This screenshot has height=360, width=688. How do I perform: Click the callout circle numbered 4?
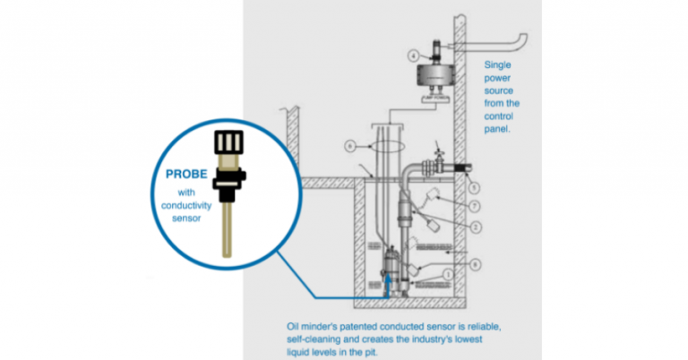pos(412,56)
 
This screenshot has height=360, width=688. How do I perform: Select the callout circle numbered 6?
pos(350,144)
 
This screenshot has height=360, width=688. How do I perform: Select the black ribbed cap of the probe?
pos(228,142)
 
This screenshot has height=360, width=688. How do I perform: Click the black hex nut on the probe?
pos(228,187)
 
